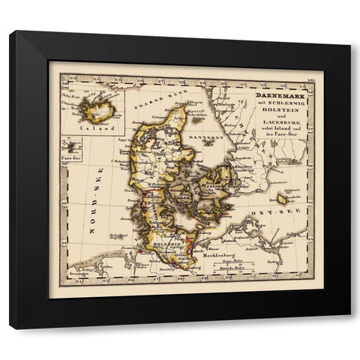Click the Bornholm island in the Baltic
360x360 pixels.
[x=282, y=199]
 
